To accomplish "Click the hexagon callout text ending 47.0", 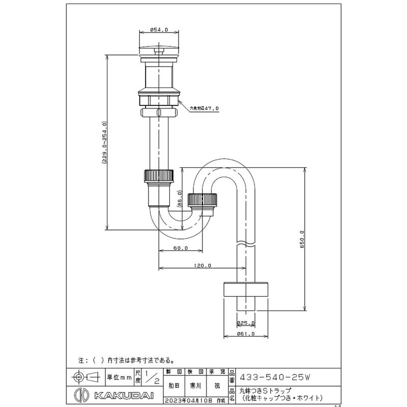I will [203, 108].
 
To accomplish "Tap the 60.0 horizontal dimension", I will [181, 248].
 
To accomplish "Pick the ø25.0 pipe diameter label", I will [246, 323].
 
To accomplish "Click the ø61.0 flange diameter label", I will [246, 334].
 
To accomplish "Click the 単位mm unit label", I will [120, 378].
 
